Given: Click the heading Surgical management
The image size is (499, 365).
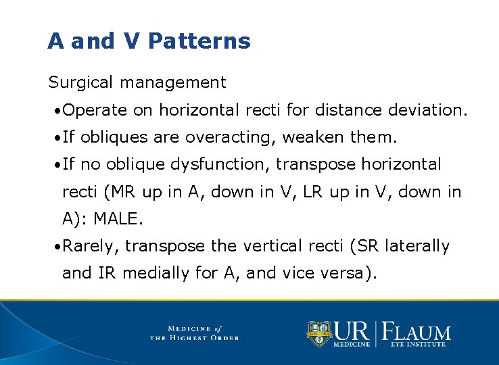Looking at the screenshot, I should (137, 83).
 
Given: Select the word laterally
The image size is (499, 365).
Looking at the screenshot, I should (417, 247).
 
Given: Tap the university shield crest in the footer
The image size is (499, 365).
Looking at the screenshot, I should (319, 333).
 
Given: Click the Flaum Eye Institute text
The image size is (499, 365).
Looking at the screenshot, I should (417, 335).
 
